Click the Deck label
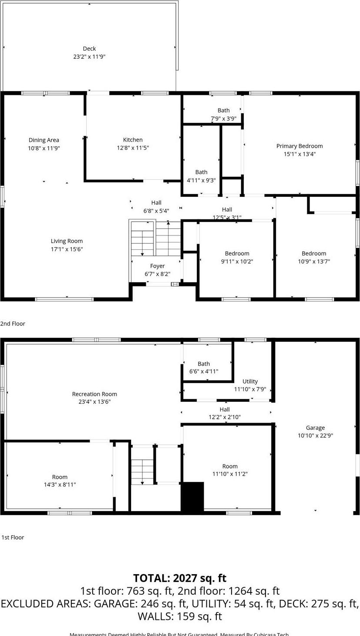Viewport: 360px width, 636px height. pos(89,49)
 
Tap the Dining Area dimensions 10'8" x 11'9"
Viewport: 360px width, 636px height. pos(44,148)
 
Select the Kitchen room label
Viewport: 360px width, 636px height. pos(133,140)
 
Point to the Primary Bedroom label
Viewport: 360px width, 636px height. pos(299,146)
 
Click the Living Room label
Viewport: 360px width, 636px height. pos(67,241)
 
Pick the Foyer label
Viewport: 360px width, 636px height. pos(158,266)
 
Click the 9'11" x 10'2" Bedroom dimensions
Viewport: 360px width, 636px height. pos(237,262)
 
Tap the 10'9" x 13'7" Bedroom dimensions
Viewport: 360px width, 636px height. pos(314,262)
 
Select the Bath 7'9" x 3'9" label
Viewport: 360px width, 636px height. pos(223,111)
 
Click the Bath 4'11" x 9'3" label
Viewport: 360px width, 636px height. pos(201,172)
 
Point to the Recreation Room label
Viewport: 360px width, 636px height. pos(94,394)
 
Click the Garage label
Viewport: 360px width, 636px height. pos(315,428)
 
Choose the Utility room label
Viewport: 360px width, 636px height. pos(250,381)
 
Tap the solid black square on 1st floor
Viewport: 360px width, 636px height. pos(192,497)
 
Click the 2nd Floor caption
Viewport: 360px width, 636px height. pos(13,323)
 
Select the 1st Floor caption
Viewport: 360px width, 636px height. pos(13,537)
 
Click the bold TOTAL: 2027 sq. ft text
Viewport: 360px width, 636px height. pos(180,578)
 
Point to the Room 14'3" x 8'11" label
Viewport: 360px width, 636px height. pos(60,477)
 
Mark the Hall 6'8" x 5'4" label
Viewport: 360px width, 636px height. pos(156,203)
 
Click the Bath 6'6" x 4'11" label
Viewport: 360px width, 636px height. pos(204,364)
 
